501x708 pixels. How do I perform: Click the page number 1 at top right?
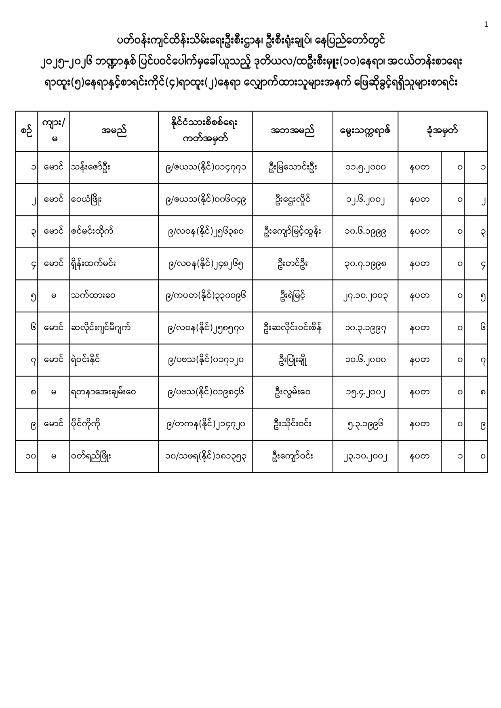[x=486, y=24]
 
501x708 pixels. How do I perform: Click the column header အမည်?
[x=114, y=131]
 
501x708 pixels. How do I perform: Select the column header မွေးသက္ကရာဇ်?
[x=365, y=131]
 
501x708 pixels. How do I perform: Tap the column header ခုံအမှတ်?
[x=442, y=131]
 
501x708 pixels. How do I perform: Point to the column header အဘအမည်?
[x=293, y=131]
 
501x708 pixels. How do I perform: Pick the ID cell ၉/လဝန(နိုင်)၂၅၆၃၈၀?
[x=206, y=232]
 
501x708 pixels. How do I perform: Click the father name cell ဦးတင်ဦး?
[x=293, y=264]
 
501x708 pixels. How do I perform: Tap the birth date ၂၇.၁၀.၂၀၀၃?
[x=365, y=296]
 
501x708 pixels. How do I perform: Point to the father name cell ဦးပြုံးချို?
[x=293, y=360]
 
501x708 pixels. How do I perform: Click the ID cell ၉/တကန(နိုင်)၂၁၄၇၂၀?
[x=206, y=424]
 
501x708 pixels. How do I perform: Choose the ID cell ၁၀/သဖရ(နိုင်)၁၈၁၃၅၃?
[x=206, y=457]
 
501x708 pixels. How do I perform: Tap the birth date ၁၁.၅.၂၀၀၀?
[x=365, y=168]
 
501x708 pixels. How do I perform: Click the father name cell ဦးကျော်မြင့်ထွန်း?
[x=293, y=232]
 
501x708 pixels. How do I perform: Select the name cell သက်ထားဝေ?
[x=93, y=296]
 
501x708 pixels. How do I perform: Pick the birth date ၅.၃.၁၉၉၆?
[x=365, y=424]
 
